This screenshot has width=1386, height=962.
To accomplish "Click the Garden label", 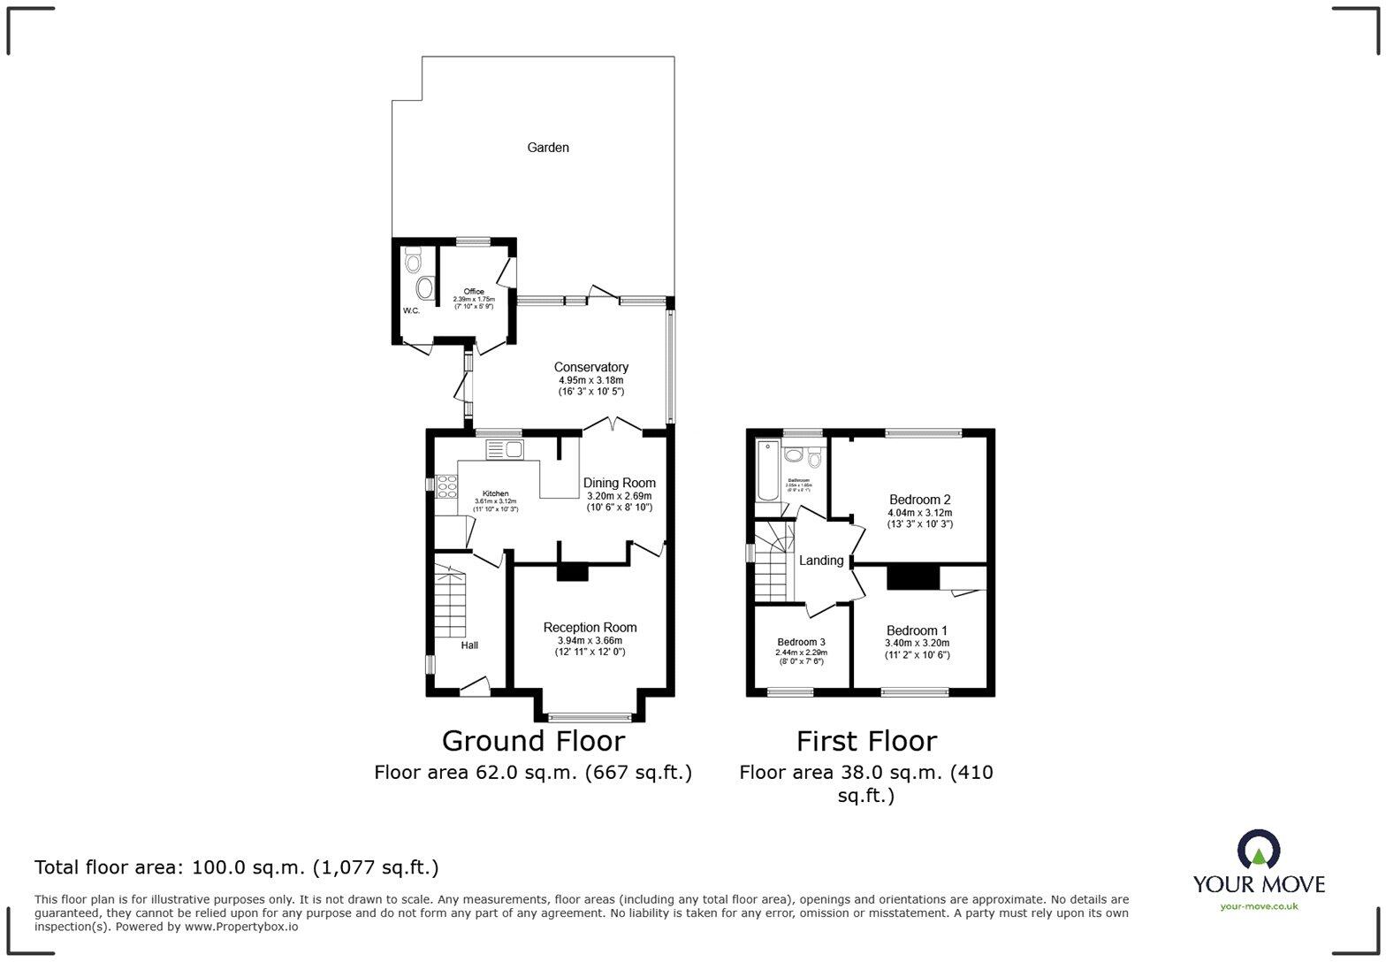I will pos(548,148).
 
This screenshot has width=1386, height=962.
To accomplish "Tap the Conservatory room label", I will pos(590,367).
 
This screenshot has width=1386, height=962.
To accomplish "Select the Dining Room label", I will pos(619,483).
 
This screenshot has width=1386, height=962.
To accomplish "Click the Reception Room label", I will pos(590,628).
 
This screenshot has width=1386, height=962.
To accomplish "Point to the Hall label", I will pos(469,645).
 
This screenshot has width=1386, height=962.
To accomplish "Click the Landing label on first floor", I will pos(821,561).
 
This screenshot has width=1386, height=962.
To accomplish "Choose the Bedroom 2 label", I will pos(919,500).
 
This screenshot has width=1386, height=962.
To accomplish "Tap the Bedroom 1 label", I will pos(917,630).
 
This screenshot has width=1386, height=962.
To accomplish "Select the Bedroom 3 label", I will pos(801,642).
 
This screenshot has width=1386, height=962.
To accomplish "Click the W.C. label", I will pos(411,311).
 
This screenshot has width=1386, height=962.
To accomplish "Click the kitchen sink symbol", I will pos(505,449).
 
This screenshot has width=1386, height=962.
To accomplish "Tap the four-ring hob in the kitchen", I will pos(446,486).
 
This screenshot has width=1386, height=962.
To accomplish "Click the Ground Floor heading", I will pos(533,740).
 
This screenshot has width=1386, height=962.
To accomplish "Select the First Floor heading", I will pos(866,740).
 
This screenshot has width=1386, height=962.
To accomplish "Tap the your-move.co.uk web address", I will pos(1259,906).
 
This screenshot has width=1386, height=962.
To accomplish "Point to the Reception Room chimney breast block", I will pos(572,572).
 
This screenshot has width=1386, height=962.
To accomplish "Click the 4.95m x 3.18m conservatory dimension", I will pos(590,380).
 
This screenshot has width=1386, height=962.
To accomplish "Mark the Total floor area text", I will pos(236,867).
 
